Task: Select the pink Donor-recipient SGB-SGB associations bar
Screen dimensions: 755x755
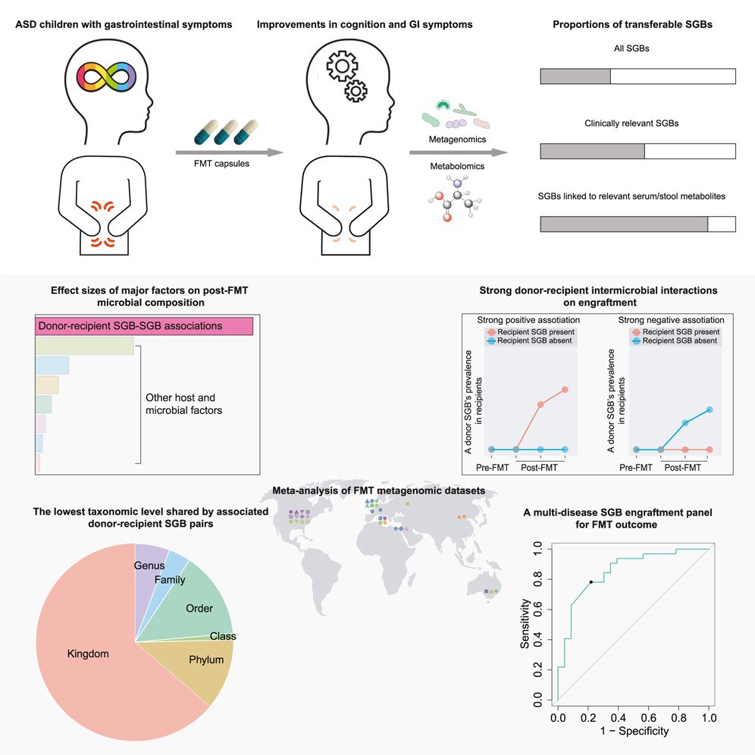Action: (144, 326)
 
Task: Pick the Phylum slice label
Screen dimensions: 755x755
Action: (206, 659)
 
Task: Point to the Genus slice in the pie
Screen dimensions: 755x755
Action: (149, 565)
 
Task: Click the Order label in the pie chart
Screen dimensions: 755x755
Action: (199, 608)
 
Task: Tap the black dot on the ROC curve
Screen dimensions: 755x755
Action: (591, 582)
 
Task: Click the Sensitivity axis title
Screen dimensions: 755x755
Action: (524, 622)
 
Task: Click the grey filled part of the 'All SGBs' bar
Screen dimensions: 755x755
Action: (575, 77)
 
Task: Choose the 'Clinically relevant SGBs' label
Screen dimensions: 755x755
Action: (637, 123)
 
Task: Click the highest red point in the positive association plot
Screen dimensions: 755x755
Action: (565, 390)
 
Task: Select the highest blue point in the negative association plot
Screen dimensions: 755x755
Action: (709, 409)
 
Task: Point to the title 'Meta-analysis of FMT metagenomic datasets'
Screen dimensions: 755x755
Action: (378, 491)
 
